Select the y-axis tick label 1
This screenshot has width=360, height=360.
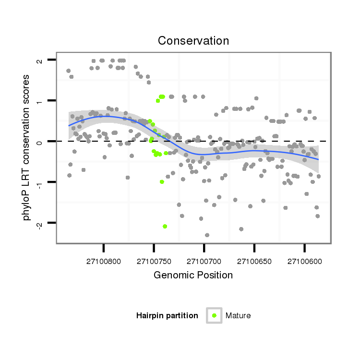point(39,101)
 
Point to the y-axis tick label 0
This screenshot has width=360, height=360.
point(39,142)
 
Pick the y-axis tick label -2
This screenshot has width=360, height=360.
point(39,222)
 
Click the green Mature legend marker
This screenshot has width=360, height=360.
point(214,315)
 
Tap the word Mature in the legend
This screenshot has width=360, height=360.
point(238,315)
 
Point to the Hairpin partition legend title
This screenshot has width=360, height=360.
point(167,315)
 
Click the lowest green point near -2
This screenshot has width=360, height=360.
point(165,226)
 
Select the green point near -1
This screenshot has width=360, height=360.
point(162,182)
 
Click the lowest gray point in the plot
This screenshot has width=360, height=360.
point(207,235)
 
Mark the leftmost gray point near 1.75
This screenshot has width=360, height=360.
point(68,71)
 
